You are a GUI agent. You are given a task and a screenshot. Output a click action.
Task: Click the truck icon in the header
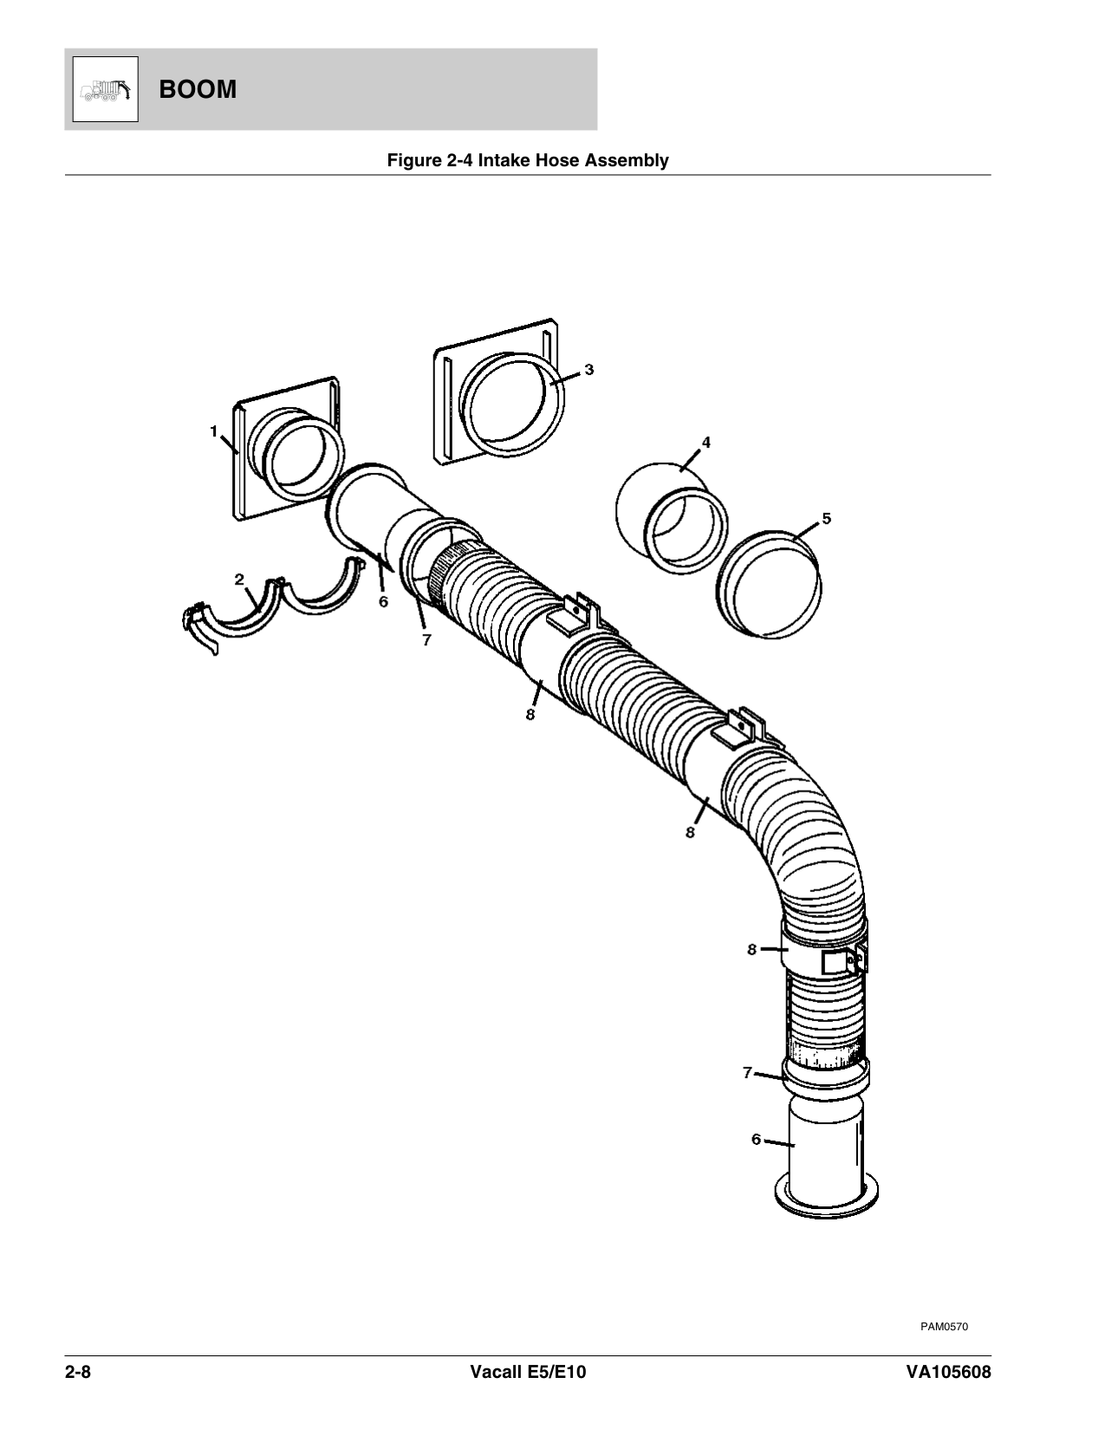click(x=103, y=89)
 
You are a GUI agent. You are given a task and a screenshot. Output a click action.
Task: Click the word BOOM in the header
click(x=198, y=89)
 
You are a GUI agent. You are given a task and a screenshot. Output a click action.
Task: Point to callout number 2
click(x=238, y=579)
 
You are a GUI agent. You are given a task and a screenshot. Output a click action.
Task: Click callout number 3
click(x=589, y=369)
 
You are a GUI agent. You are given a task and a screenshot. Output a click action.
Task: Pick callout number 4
click(x=705, y=443)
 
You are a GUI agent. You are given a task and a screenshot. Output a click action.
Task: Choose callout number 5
click(x=826, y=518)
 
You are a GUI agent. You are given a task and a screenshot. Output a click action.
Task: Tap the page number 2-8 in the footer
click(x=78, y=1373)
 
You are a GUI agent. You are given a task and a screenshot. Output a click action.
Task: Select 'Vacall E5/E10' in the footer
click(x=528, y=1373)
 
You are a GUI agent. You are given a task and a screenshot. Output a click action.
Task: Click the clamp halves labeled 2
click(x=277, y=606)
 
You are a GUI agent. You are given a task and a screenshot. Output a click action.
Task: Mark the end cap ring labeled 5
click(x=770, y=585)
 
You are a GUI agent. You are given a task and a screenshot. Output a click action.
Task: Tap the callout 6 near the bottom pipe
click(x=756, y=1140)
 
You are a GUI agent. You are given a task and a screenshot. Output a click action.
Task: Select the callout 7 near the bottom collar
click(x=747, y=1073)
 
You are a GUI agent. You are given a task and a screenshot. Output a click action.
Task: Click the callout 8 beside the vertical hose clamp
click(x=752, y=949)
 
